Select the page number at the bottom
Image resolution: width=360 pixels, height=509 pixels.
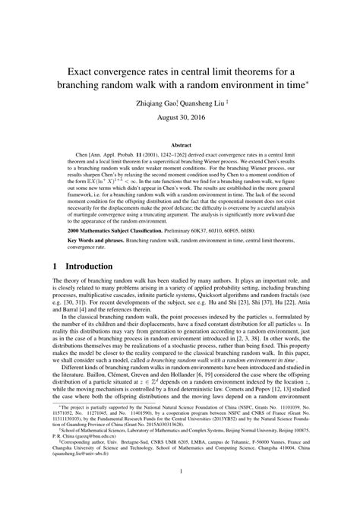tap(180, 492)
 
